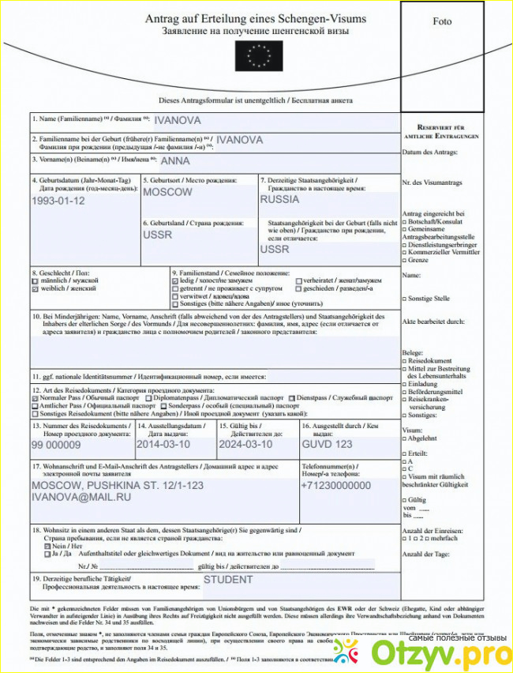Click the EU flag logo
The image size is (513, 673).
(x=256, y=56)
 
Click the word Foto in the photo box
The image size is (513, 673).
(x=442, y=21)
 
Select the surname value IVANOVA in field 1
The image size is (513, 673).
(x=178, y=121)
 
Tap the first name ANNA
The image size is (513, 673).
(x=175, y=161)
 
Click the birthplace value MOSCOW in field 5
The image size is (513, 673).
(x=167, y=192)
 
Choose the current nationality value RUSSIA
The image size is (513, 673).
(x=279, y=200)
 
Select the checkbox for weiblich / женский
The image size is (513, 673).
(x=35, y=290)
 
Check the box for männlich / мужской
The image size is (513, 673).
(x=35, y=280)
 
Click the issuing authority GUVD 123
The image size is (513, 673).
(x=327, y=445)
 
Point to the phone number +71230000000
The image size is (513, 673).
(x=335, y=486)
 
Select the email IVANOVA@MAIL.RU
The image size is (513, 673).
(x=81, y=498)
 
